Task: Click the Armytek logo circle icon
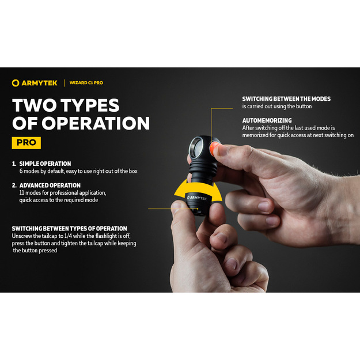coord(16,83)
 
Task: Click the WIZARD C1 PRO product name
coord(86,83)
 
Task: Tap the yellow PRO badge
coord(26,143)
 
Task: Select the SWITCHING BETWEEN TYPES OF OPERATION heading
coord(70,229)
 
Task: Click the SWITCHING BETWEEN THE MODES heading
coord(286,99)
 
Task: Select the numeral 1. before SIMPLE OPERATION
coord(14,164)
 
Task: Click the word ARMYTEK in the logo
coord(40,83)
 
